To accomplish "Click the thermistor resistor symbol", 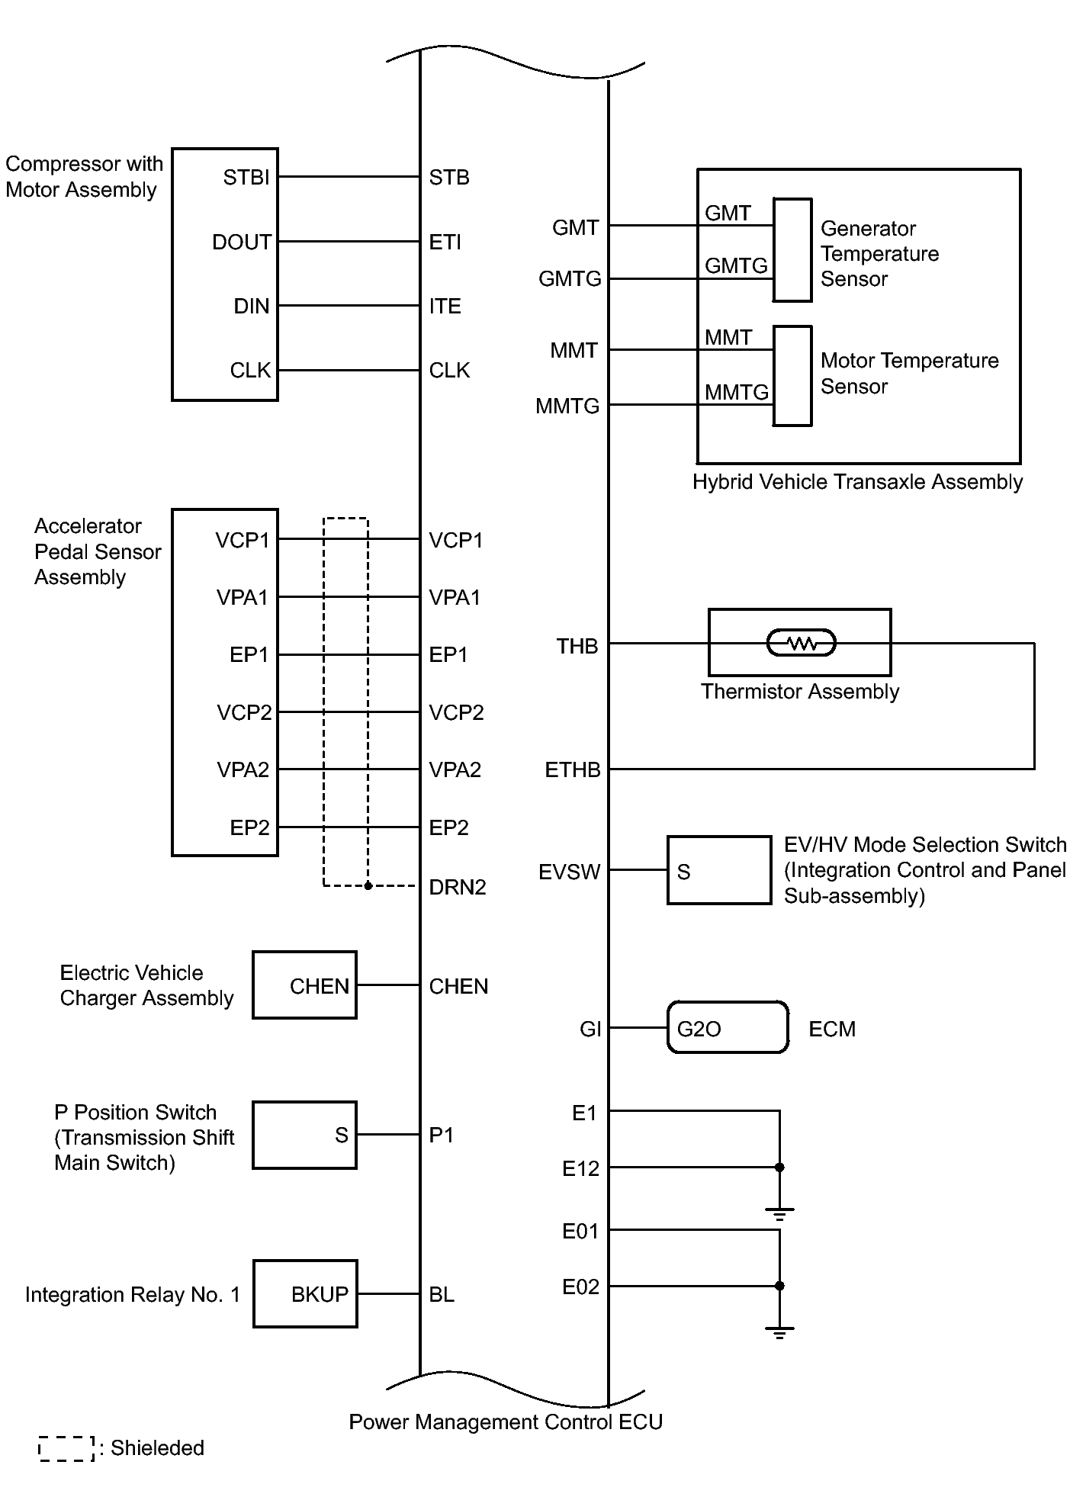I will point(801,644).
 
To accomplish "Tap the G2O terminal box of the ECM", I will point(728,1028).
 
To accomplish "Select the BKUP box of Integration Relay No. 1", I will point(305,1294).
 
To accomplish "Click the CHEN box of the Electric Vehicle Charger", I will point(304,985).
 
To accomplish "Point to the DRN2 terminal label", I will point(458,887).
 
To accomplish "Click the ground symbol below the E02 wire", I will point(779,1333).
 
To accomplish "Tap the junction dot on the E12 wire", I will point(779,1168).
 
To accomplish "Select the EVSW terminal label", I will point(569,872).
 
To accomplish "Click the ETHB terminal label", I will point(572,770).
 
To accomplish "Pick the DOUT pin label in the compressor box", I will point(242,243).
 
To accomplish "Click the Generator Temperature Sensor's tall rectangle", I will point(792,250).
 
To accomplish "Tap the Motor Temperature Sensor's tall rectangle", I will point(792,376).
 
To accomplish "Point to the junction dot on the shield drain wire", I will point(368,886).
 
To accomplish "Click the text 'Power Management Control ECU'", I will point(506,1422).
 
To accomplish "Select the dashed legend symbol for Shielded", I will point(66,1449).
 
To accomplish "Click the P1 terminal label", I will point(442,1136).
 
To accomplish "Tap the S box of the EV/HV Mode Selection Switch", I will point(719,871).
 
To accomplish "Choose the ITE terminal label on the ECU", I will point(445,307).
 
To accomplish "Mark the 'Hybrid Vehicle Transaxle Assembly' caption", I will point(857,482).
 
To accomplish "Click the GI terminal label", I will point(590,1030).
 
